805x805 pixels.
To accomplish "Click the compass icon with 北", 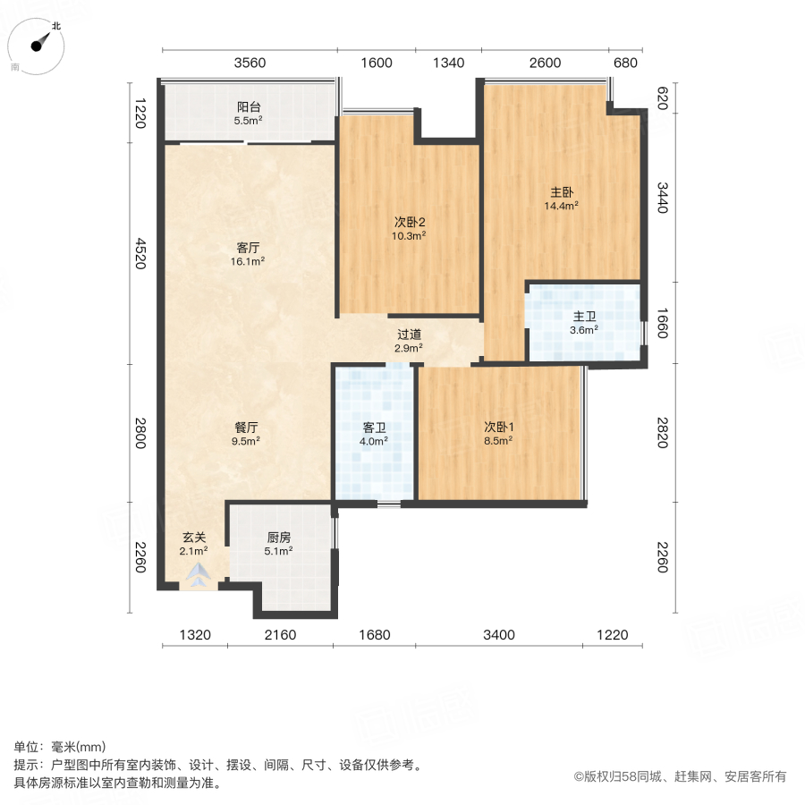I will click(39, 44).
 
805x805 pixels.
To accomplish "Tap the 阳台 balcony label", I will click(248, 111).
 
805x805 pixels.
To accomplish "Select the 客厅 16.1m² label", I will click(248, 254).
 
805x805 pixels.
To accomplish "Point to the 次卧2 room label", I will click(408, 228).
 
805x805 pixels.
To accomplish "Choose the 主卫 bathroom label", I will click(584, 321).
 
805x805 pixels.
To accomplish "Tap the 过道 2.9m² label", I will click(409, 341).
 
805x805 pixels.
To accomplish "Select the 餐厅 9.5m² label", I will click(246, 434).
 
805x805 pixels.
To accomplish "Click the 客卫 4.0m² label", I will click(374, 434).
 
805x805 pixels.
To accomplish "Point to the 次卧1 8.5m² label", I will click(498, 434).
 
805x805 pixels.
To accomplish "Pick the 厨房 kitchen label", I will click(279, 544).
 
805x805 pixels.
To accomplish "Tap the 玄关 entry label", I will click(195, 544).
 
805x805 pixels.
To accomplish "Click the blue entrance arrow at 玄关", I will click(196, 576).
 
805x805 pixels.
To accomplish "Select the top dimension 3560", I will click(250, 63).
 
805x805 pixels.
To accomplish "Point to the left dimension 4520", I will click(140, 253).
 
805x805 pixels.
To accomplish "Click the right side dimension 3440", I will click(662, 198).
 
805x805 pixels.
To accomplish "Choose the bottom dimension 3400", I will click(499, 635).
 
